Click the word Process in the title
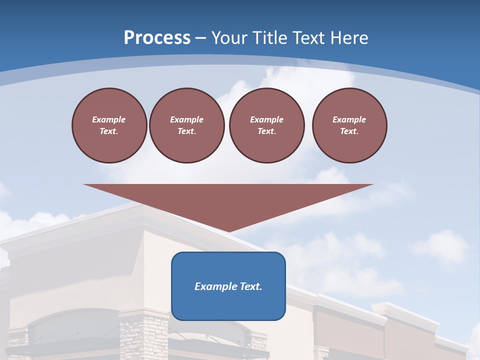(x=157, y=38)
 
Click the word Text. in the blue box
(x=250, y=286)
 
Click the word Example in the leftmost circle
(x=109, y=119)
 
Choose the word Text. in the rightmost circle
(x=349, y=131)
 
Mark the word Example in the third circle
(x=266, y=119)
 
